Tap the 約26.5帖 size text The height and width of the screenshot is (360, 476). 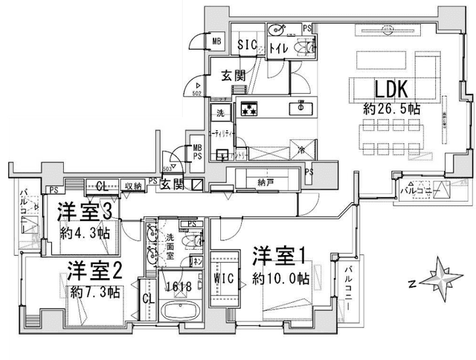click(x=392, y=109)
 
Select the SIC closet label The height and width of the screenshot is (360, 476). click(x=247, y=44)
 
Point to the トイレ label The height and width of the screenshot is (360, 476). click(x=279, y=49)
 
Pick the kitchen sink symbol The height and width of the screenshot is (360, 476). click(x=302, y=106)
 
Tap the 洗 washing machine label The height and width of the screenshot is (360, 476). click(x=221, y=114)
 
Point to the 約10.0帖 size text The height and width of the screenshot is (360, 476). click(x=280, y=279)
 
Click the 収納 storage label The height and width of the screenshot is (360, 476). click(x=133, y=185)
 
